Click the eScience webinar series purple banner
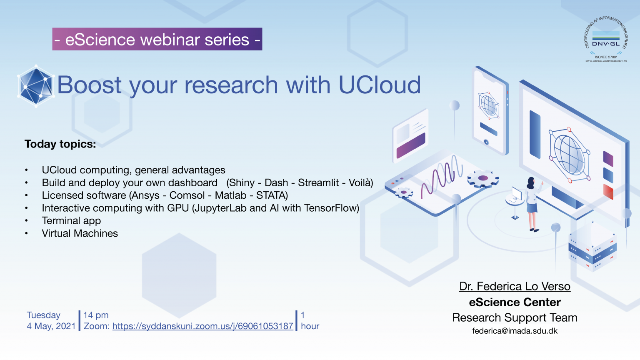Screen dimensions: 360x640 157,39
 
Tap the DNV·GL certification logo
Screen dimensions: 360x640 606,40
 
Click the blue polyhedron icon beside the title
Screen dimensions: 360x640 36,86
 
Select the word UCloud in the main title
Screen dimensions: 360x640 379,85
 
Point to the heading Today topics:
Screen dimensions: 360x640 60,144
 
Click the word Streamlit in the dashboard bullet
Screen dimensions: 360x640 318,183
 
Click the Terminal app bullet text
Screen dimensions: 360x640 71,221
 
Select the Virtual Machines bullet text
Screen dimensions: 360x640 80,233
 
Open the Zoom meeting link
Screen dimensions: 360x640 202,326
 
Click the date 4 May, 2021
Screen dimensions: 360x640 51,326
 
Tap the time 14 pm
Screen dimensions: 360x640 96,315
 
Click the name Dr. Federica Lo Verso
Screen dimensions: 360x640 515,286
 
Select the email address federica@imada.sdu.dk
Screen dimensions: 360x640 515,331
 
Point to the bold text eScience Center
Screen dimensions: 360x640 515,302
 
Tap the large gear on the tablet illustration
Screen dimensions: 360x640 483,179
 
